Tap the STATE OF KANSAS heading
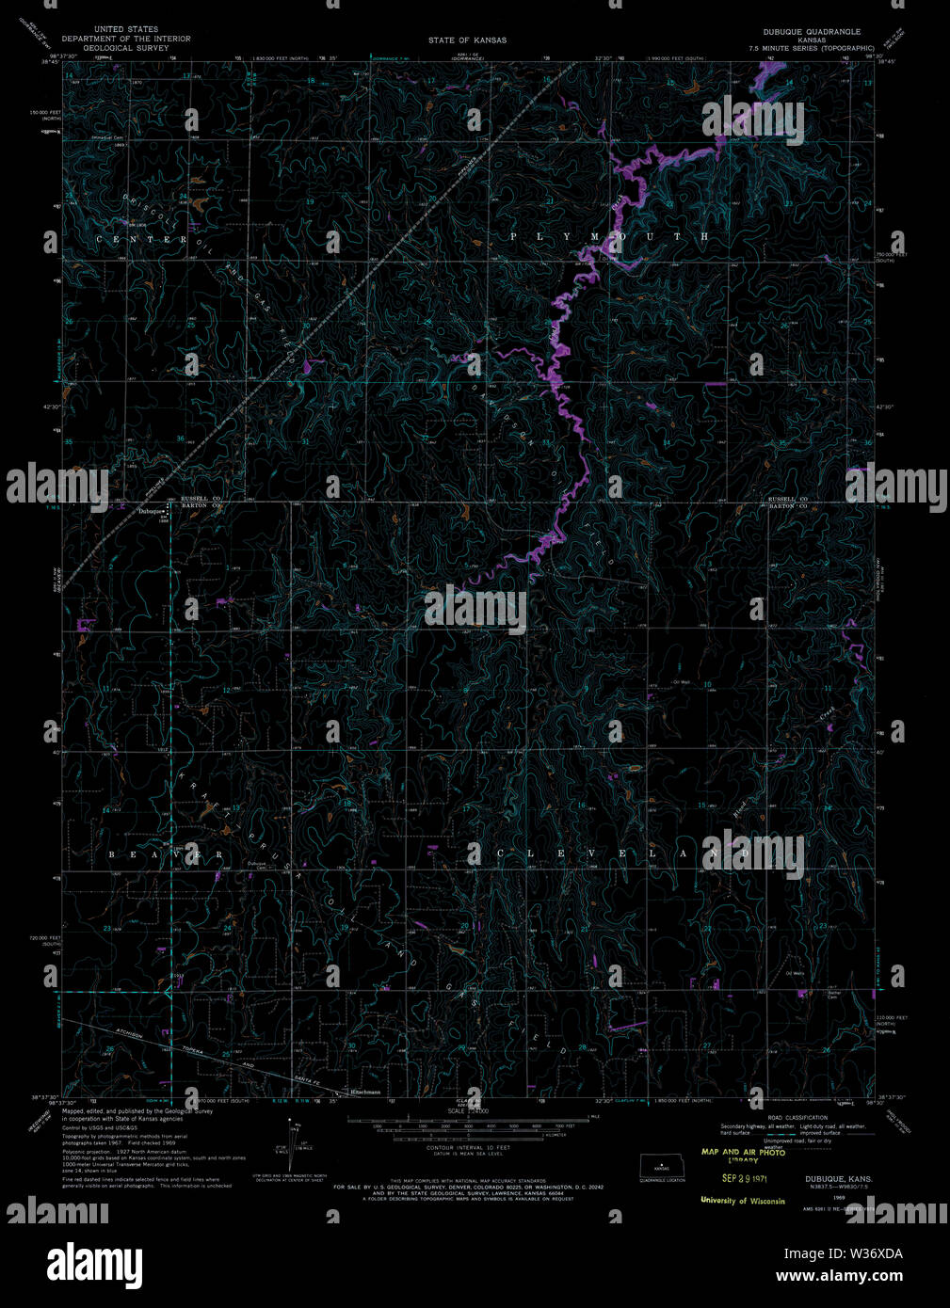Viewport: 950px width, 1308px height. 467,40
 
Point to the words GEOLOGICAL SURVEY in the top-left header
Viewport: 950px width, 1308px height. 126,47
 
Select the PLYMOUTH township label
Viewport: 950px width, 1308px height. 610,236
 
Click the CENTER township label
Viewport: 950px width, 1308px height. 143,240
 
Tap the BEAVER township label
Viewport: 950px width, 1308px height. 166,854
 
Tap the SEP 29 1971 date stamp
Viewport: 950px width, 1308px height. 745,1177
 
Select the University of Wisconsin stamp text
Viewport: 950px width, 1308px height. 742,1201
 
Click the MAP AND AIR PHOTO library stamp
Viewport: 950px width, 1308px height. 743,1156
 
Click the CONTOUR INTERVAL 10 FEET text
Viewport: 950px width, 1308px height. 468,1149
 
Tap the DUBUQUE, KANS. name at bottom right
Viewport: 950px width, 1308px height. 838,1178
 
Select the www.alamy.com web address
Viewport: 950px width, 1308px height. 839,1277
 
